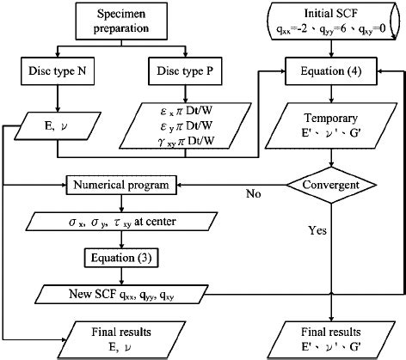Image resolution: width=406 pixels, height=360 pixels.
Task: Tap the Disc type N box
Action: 57,70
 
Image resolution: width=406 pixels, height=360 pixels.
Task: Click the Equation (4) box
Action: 331,70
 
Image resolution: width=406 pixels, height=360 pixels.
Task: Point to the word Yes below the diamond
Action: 317,229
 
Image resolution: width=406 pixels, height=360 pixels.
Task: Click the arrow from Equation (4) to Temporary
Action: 331,95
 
